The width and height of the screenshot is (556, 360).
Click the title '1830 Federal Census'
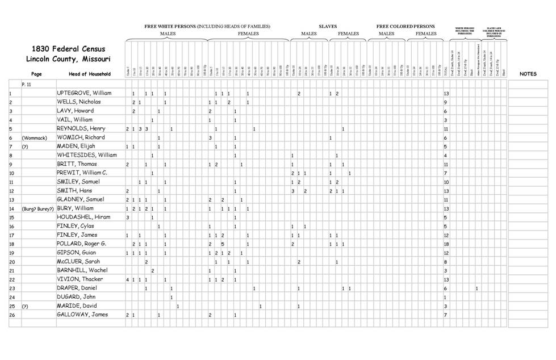pyautogui.click(x=68, y=49)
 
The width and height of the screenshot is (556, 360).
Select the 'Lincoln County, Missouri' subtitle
pyautogui.click(x=68, y=59)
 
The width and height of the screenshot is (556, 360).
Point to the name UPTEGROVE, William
pyautogui.click(x=84, y=93)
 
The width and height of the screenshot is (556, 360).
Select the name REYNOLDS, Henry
pyautogui.click(x=81, y=129)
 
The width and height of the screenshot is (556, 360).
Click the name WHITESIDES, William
pyautogui.click(x=86, y=155)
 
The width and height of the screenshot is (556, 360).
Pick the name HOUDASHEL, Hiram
pyautogui.click(x=82, y=217)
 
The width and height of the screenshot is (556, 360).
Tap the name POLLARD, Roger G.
pyautogui.click(x=82, y=244)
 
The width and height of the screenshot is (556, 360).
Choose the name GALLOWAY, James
pyautogui.click(x=82, y=315)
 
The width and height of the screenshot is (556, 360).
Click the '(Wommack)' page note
pyautogui.click(x=34, y=137)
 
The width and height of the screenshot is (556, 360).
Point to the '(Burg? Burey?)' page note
pyautogui.click(x=38, y=208)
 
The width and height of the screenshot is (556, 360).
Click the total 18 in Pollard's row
pyautogui.click(x=446, y=244)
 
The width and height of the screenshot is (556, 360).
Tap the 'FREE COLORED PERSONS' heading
pyautogui.click(x=405, y=27)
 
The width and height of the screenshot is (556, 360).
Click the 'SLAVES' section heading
pyautogui.click(x=328, y=27)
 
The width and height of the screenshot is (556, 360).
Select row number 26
pyautogui.click(x=12, y=315)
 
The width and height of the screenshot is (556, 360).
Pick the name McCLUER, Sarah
pyautogui.click(x=80, y=261)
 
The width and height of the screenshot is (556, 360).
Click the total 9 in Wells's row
pyautogui.click(x=445, y=102)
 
